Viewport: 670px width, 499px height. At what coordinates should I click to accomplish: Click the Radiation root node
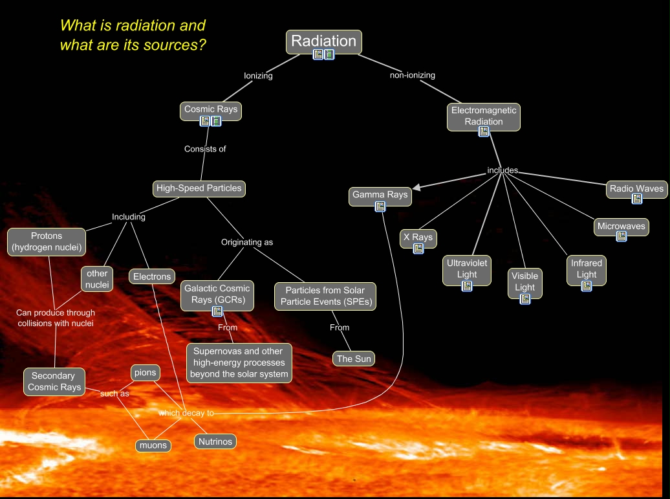click(323, 41)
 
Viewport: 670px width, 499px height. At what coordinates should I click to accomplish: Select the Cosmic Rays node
click(210, 109)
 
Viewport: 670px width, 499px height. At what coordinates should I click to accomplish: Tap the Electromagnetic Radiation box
click(484, 116)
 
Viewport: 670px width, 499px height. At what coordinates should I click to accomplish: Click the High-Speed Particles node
click(199, 188)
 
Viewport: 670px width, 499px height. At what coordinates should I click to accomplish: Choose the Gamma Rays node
click(380, 194)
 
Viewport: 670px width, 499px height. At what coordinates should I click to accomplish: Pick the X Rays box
click(418, 238)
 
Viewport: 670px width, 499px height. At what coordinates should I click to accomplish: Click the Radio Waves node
click(636, 189)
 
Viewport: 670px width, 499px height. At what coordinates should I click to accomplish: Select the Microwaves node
click(621, 227)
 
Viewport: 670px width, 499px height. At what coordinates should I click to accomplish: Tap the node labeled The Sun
click(354, 359)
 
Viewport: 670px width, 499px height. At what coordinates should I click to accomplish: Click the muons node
click(154, 445)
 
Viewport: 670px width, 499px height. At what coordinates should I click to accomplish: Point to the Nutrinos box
click(215, 441)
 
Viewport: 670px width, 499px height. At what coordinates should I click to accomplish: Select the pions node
click(145, 373)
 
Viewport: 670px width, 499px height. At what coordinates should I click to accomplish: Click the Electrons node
click(152, 277)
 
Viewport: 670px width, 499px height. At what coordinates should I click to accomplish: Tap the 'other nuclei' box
click(97, 279)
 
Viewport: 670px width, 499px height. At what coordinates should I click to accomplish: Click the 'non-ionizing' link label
click(412, 75)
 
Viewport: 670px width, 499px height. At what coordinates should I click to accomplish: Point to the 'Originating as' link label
click(247, 243)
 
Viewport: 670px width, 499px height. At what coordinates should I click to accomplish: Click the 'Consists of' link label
click(205, 149)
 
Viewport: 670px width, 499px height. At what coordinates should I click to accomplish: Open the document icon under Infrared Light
click(587, 285)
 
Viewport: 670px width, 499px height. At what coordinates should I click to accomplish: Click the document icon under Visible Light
click(525, 298)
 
